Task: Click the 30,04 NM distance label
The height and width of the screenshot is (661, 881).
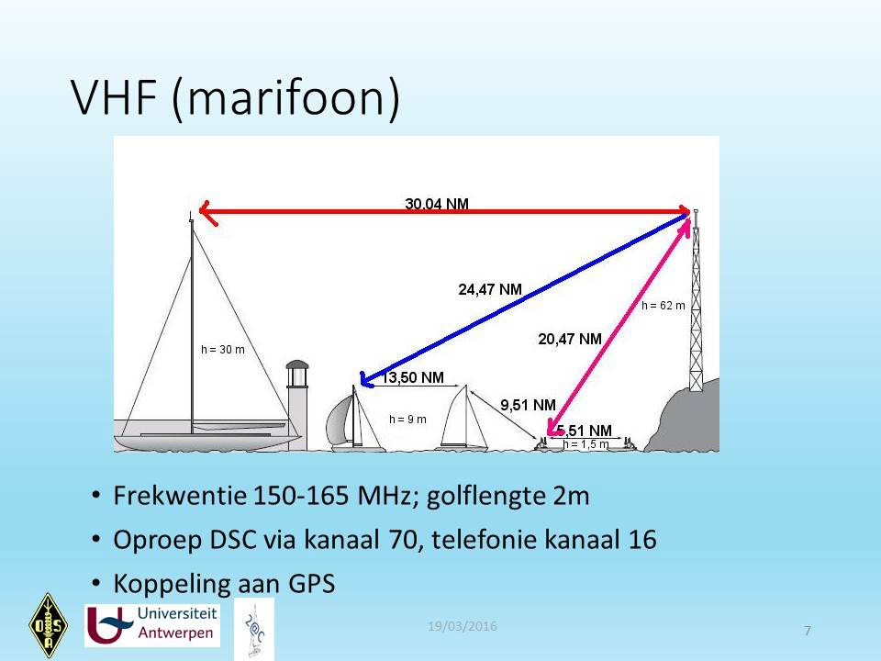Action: click(x=437, y=204)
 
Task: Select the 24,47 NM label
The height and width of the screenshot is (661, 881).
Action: click(x=490, y=289)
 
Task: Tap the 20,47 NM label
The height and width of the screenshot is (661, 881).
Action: click(x=570, y=339)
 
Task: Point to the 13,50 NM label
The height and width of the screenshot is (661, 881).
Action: click(x=413, y=377)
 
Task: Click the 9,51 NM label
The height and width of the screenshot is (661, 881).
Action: click(x=529, y=405)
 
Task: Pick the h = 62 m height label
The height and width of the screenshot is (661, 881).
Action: click(x=663, y=305)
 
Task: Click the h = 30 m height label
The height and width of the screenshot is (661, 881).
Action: click(x=222, y=349)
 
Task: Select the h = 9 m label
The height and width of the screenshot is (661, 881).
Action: click(x=407, y=420)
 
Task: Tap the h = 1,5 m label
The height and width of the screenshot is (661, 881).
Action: click(x=585, y=444)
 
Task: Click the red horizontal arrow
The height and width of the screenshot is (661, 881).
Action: click(x=444, y=212)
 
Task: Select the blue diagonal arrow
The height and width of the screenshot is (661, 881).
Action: click(x=525, y=299)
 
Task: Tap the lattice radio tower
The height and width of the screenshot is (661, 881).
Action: click(x=696, y=300)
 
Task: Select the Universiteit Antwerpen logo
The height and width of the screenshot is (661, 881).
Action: click(x=152, y=625)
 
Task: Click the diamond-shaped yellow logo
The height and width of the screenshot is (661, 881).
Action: click(x=49, y=625)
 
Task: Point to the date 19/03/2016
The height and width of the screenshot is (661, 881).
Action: click(x=463, y=626)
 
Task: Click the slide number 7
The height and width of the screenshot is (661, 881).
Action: click(x=808, y=631)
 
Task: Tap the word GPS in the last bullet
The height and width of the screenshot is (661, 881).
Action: click(x=311, y=584)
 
